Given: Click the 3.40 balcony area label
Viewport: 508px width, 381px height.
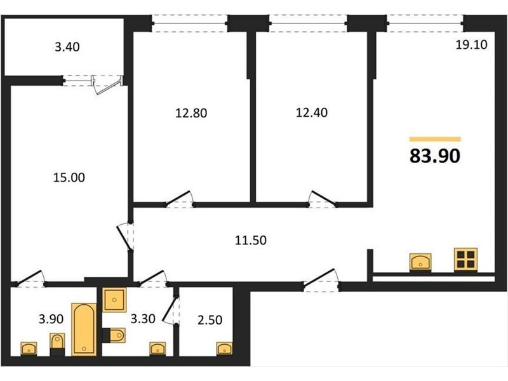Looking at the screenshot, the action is click(x=67, y=47).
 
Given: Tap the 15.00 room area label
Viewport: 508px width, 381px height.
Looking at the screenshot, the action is click(x=69, y=178).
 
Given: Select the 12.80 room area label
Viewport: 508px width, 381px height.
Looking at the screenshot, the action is click(x=191, y=113).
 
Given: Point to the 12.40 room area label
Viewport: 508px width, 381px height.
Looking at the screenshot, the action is click(x=312, y=112).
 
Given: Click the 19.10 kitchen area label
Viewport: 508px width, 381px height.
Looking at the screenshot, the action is click(x=471, y=44).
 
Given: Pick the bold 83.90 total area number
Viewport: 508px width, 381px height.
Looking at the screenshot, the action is click(x=435, y=156).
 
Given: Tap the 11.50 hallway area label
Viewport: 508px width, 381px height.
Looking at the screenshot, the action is click(x=251, y=241).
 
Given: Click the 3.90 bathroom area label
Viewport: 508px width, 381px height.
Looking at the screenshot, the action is click(x=51, y=319).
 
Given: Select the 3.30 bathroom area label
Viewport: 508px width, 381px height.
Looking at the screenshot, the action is click(x=143, y=319).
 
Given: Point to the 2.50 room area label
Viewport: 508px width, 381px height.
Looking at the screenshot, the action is click(x=210, y=320).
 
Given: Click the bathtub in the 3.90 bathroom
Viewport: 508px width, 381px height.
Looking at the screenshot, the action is click(x=84, y=329).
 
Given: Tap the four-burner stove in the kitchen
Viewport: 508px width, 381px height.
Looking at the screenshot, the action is click(x=465, y=259).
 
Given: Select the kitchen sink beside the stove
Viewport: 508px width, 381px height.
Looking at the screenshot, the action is click(x=420, y=262).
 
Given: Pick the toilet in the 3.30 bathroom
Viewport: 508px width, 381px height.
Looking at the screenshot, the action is click(x=114, y=335).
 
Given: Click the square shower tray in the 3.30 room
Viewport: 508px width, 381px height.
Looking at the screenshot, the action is click(x=114, y=300).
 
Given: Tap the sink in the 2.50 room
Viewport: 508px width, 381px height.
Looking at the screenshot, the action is click(x=225, y=348).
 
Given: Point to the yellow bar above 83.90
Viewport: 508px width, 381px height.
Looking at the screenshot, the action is click(x=435, y=139).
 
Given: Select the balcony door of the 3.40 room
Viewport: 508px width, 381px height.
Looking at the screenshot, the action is click(x=107, y=85).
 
